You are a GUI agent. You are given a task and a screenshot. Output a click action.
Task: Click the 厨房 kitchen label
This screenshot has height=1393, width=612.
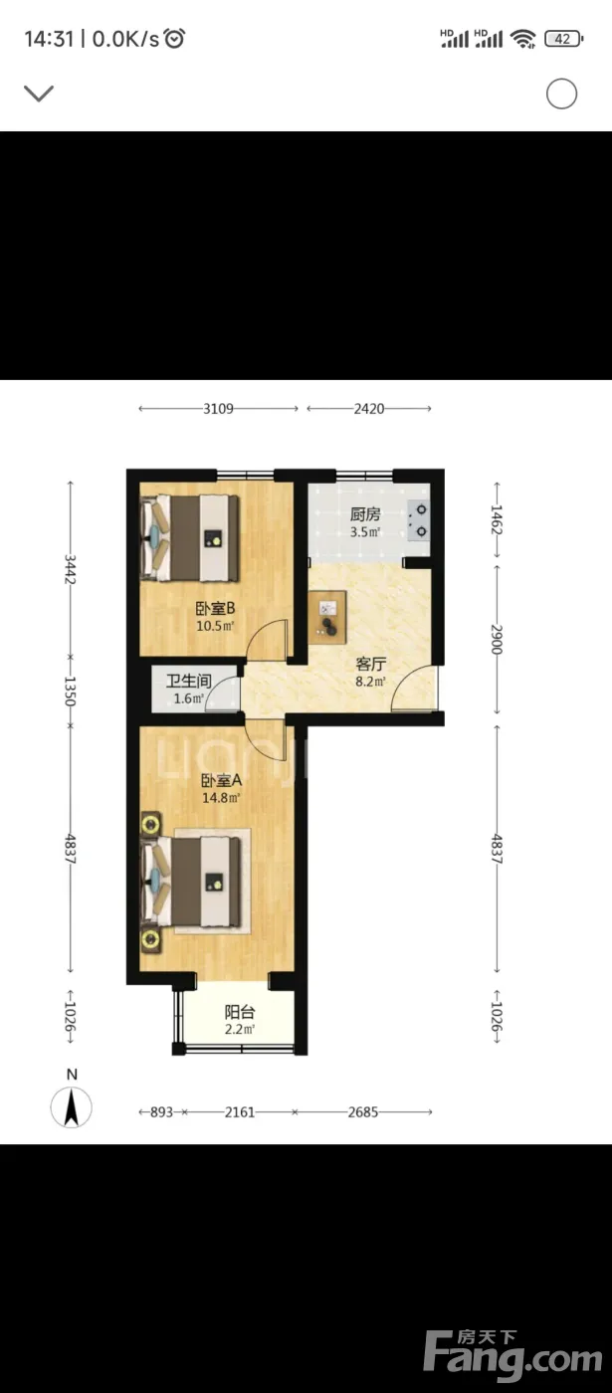[x=365, y=514]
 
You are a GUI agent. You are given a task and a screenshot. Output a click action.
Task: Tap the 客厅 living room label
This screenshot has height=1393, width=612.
[x=370, y=664]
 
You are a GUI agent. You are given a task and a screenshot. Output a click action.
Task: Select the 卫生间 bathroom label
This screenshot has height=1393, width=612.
[x=189, y=681]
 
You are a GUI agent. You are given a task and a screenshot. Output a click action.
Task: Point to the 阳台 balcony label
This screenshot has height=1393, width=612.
[x=240, y=1012]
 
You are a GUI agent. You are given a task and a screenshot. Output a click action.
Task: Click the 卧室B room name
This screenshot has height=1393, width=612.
[x=215, y=608]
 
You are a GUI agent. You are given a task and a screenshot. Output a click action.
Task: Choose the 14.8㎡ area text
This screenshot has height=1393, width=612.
[x=221, y=798]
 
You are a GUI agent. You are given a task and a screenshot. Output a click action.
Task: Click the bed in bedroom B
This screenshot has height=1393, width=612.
[x=190, y=538]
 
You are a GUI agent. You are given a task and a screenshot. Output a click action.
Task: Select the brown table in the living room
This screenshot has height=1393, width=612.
[x=327, y=615]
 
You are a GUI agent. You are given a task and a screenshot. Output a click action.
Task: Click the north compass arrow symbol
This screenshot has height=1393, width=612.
[x=72, y=1107]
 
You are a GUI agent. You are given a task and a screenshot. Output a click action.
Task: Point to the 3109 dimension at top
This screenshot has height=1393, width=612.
[x=218, y=409]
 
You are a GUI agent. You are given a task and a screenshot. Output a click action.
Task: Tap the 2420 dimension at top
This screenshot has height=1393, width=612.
[x=369, y=409]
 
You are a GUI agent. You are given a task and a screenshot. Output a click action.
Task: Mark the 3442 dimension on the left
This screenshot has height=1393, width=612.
[x=70, y=569]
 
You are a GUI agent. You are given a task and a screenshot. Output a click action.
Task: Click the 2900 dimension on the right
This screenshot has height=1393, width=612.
[x=497, y=639]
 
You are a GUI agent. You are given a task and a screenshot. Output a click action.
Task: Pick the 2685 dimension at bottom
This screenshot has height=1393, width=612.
[x=363, y=1112]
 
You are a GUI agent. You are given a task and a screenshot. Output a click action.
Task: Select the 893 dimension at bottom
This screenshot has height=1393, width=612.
[x=161, y=1112]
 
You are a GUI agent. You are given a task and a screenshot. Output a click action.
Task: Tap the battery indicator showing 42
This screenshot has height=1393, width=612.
[x=563, y=39]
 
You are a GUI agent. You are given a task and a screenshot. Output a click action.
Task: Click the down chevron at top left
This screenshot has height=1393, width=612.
[x=39, y=94]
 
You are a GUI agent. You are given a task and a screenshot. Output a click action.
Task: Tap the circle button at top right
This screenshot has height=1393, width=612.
[x=561, y=94]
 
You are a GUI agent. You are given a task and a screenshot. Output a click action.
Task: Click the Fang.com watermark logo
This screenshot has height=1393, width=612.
[x=513, y=1355]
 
